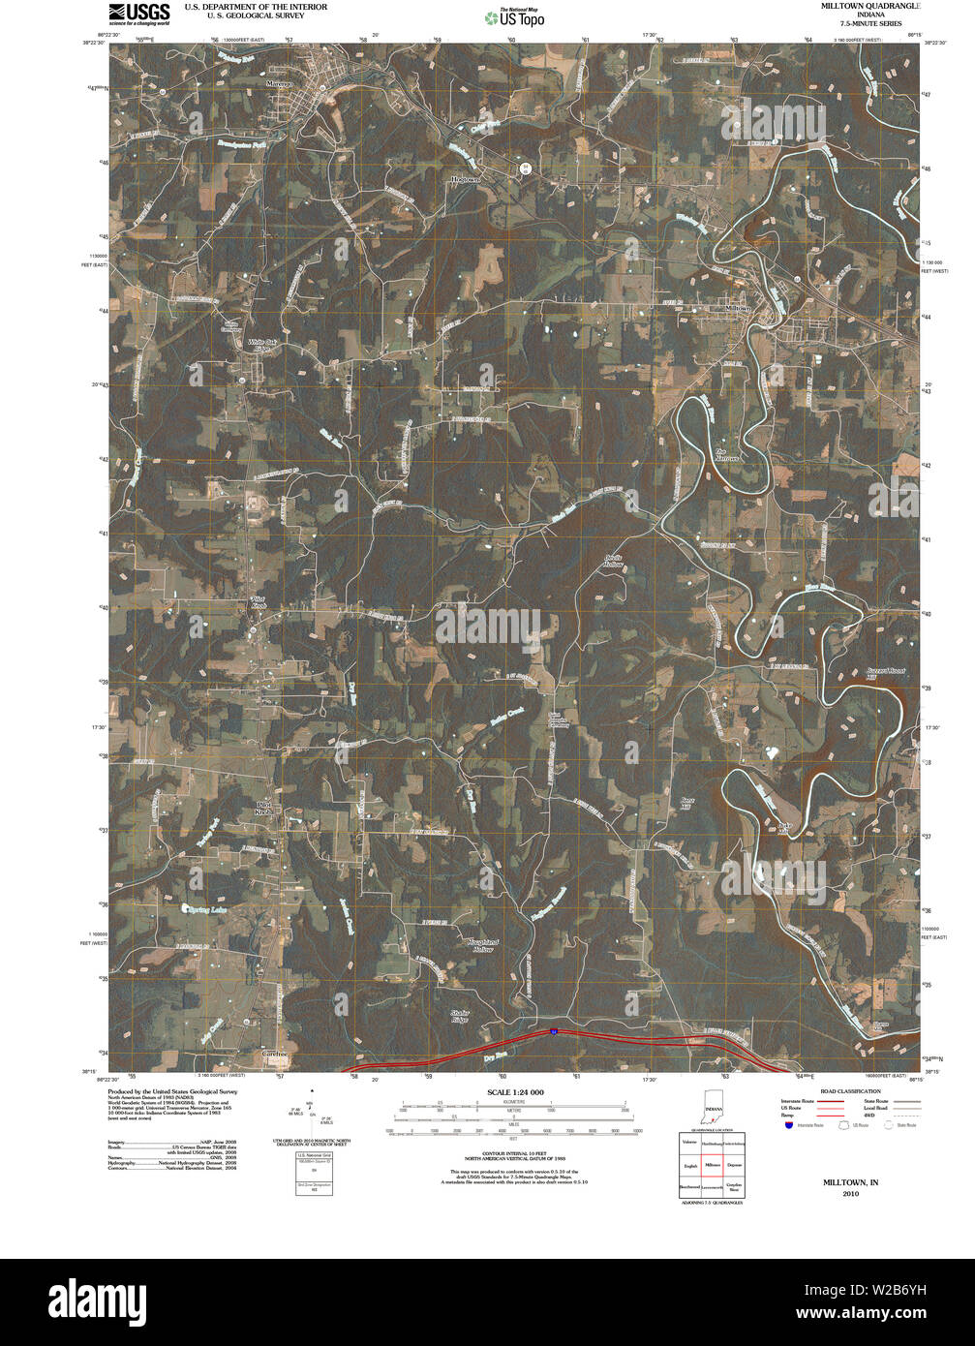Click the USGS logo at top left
click(x=139, y=13)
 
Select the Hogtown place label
click(x=465, y=179)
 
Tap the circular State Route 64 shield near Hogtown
click(x=526, y=167)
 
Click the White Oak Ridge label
click(x=262, y=346)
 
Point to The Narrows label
click(x=727, y=454)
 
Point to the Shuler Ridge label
click(x=460, y=1017)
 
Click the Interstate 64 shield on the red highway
click(x=553, y=1032)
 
